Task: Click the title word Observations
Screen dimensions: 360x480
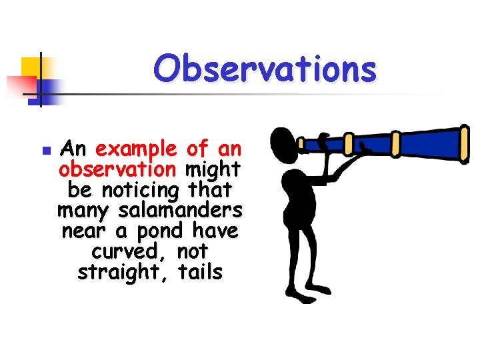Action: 265,69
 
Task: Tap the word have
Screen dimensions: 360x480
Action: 215,231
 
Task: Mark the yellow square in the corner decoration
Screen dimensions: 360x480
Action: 31,67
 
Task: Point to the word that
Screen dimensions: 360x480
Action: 210,190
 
